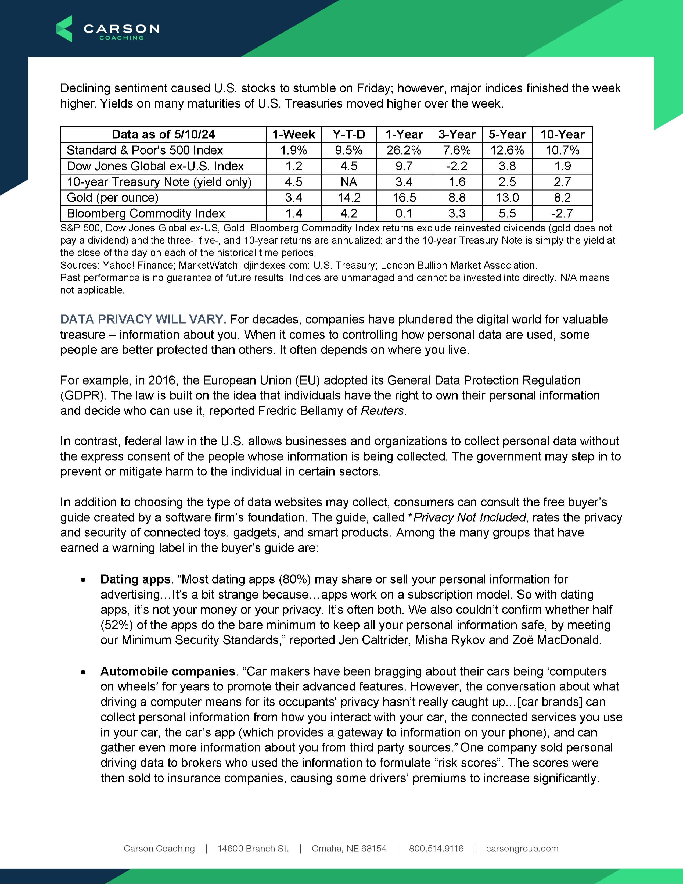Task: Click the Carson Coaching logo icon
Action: (x=64, y=29)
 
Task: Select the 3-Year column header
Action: (x=457, y=134)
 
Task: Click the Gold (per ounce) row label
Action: (x=113, y=198)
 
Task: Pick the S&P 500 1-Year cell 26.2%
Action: (x=404, y=150)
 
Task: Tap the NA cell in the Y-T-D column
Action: (x=349, y=182)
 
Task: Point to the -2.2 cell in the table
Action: (x=457, y=166)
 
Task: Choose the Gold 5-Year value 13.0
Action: (x=507, y=198)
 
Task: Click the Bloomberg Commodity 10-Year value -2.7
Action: (x=562, y=213)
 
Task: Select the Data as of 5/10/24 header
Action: (x=163, y=134)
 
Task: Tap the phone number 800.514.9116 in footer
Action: (x=436, y=848)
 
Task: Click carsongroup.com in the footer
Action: (x=522, y=848)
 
